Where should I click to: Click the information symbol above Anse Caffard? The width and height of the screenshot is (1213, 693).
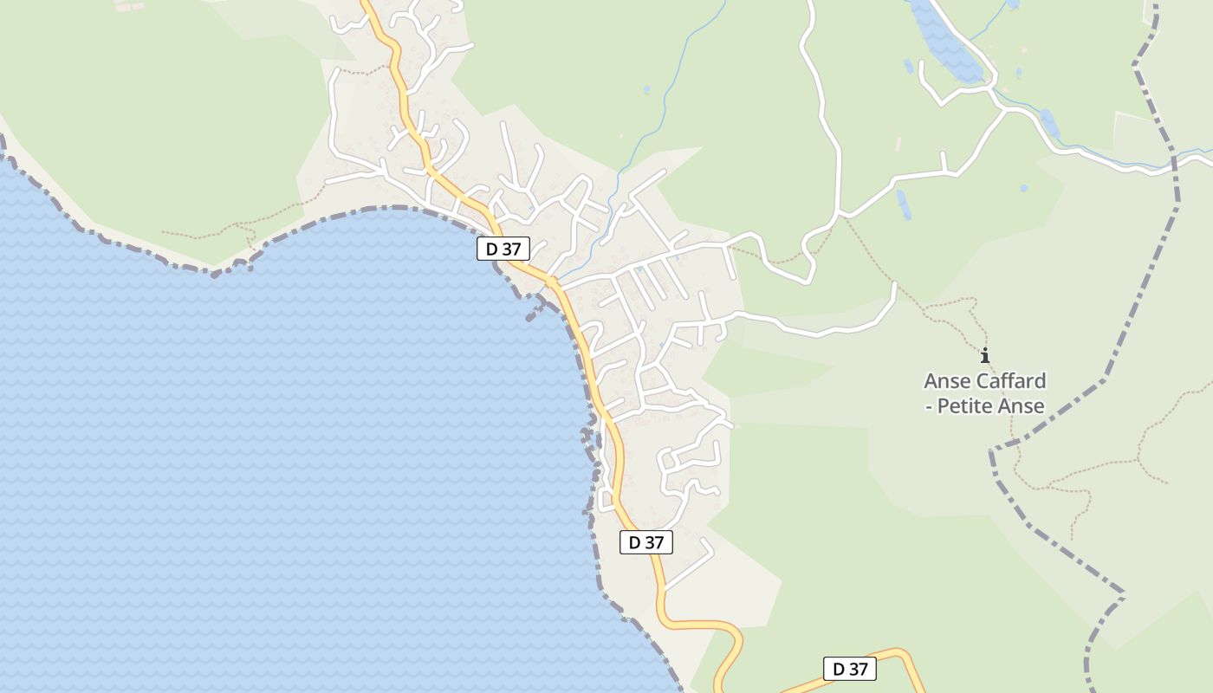(984, 355)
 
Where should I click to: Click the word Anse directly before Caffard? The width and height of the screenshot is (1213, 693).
(949, 381)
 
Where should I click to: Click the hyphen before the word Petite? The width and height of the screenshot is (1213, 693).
(929, 405)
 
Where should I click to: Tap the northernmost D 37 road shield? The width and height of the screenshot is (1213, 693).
(503, 249)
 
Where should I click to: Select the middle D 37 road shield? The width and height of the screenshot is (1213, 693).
(646, 543)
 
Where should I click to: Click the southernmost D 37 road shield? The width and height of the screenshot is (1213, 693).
(850, 669)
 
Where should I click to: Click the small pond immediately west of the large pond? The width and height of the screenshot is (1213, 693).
(908, 67)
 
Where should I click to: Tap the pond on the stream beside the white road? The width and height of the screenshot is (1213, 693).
(1049, 123)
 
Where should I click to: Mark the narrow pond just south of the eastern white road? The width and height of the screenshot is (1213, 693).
(904, 204)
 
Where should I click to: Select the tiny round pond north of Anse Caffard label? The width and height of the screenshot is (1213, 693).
(1024, 187)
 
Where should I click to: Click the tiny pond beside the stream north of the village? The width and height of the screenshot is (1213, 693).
(646, 89)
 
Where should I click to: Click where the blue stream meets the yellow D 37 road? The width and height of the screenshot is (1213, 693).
(552, 282)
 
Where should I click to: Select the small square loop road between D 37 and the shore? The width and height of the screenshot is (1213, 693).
(606, 500)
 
